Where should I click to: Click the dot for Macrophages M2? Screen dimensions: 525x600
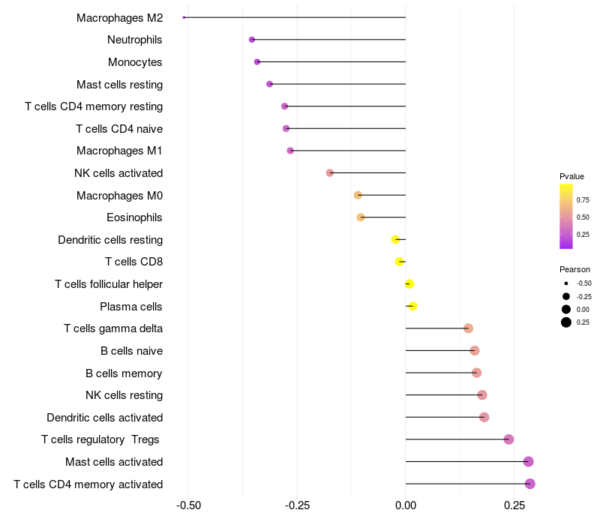tap(184, 17)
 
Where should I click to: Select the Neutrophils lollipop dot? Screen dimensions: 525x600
tap(252, 40)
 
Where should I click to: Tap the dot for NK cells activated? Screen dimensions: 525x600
tap(330, 173)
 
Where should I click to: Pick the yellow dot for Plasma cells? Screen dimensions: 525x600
tap(412, 306)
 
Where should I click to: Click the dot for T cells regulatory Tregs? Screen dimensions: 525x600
tap(508, 439)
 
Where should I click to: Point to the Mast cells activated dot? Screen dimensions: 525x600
tap(529, 462)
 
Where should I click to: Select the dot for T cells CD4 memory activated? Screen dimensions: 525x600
tap(530, 484)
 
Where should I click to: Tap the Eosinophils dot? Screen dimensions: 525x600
tap(361, 217)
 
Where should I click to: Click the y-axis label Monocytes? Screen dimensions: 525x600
tap(135, 62)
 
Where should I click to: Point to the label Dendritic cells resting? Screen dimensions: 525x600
tap(110, 240)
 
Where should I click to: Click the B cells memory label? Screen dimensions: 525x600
tap(124, 373)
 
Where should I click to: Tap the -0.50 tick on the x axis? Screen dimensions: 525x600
tap(187, 505)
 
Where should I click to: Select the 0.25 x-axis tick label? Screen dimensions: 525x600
tap(514, 505)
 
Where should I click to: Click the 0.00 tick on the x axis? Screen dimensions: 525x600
tap(405, 505)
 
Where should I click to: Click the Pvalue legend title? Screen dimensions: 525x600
tap(571, 176)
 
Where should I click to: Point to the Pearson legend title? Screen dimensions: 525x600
tap(574, 269)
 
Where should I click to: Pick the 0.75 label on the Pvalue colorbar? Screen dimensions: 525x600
tap(583, 200)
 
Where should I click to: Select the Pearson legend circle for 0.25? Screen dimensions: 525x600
tap(566, 322)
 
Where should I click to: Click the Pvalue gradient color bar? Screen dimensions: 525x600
tap(566, 216)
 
